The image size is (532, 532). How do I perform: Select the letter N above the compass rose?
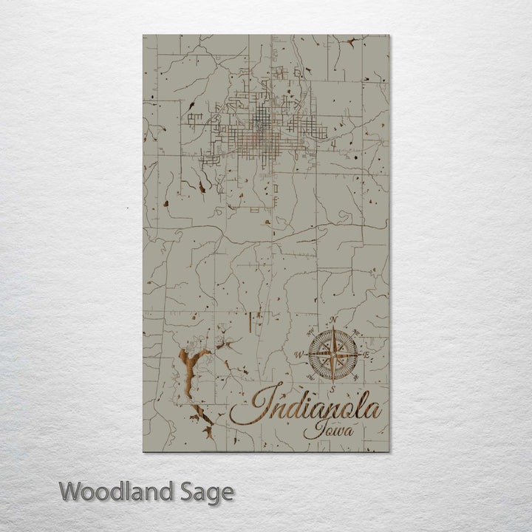tap(333, 320)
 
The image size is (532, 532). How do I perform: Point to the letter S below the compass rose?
tap(333, 388)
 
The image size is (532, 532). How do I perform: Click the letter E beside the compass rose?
tap(366, 355)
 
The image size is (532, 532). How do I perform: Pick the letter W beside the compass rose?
tap(299, 355)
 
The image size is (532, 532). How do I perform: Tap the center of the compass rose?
tap(333, 354)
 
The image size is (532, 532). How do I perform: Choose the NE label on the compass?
tap(357, 331)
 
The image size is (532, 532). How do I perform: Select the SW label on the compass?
tap(310, 378)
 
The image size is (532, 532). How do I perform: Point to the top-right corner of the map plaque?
tap(389, 35)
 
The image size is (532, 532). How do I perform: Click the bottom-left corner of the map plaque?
tap(143, 451)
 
